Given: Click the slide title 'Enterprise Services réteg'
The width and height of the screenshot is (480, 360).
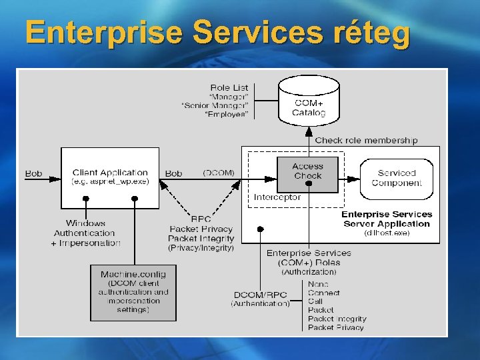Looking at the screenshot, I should (x=217, y=33).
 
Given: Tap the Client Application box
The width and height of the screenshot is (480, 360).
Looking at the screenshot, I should (x=110, y=177).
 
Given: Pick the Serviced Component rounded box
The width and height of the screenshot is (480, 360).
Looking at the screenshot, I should (x=396, y=177).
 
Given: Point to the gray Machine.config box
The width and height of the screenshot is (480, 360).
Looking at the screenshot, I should (x=133, y=292).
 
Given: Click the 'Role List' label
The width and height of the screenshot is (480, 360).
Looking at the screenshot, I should (x=229, y=87).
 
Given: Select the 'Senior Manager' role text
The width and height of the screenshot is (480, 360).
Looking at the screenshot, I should (x=215, y=105).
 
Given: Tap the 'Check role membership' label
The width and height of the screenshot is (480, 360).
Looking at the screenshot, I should (x=366, y=140).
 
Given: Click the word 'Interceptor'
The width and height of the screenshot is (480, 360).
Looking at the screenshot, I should (x=277, y=197).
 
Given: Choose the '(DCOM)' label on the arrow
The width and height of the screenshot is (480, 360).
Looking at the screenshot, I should (x=219, y=173).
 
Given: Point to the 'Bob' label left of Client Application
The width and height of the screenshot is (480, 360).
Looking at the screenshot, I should (x=33, y=173).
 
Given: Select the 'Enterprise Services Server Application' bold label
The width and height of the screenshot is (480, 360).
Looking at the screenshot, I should (x=387, y=219).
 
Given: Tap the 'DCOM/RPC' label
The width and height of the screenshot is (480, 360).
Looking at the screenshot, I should (x=260, y=295).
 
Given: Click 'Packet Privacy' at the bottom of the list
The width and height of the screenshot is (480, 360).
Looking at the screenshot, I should (x=335, y=327).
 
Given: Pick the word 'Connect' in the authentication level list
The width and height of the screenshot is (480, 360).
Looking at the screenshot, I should (x=323, y=293).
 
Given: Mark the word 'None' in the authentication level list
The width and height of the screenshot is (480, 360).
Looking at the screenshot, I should (x=318, y=284).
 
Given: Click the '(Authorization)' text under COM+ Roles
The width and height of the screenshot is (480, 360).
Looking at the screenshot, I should (x=309, y=271).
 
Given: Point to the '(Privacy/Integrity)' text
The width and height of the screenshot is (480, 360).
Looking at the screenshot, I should (x=201, y=247).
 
